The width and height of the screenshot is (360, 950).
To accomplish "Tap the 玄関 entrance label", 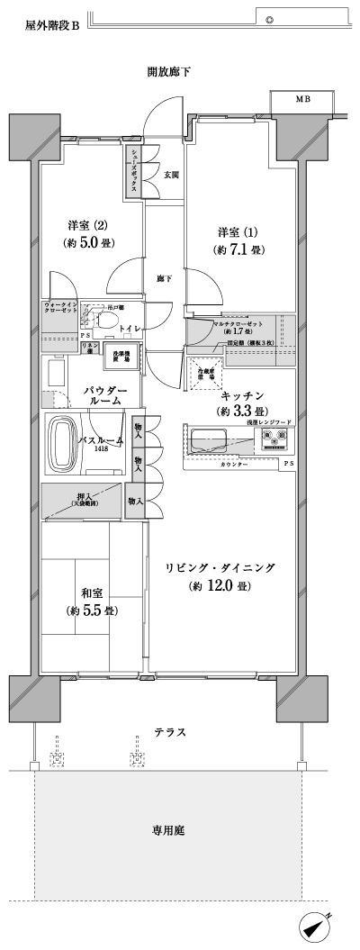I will pyautogui.click(x=171, y=174).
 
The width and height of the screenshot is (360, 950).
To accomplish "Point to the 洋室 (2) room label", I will pyautogui.click(x=87, y=224).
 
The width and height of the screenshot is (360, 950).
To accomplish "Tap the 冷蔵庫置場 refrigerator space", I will pyautogui.click(x=205, y=371).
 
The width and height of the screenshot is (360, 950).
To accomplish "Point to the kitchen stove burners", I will pyautogui.click(x=274, y=415).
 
